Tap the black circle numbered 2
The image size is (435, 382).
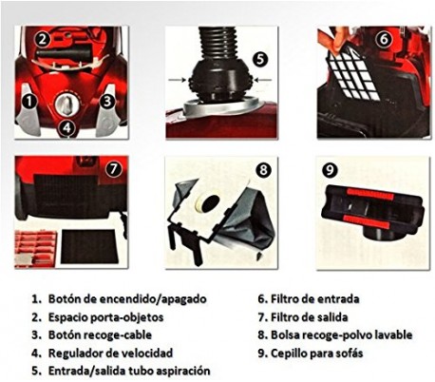click(x=42, y=39)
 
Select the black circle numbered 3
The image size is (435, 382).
click(x=107, y=100)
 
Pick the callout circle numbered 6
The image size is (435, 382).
click(x=384, y=40)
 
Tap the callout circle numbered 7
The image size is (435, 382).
click(x=113, y=170)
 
